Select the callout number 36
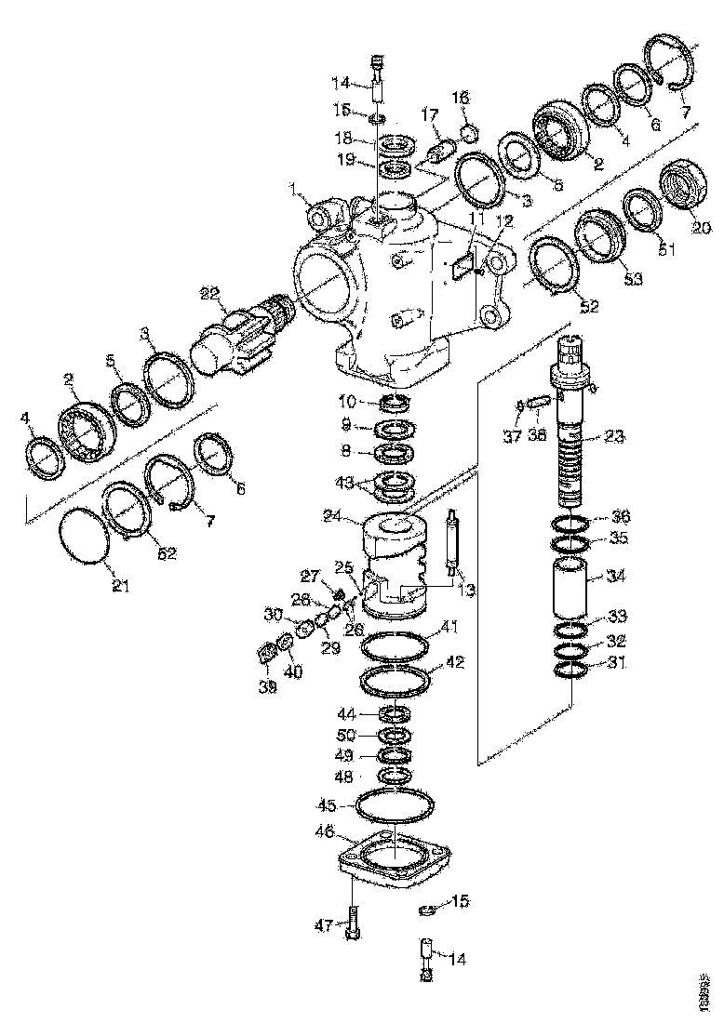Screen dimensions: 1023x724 pos(620,517)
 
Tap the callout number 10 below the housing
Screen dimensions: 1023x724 pos(347,402)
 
